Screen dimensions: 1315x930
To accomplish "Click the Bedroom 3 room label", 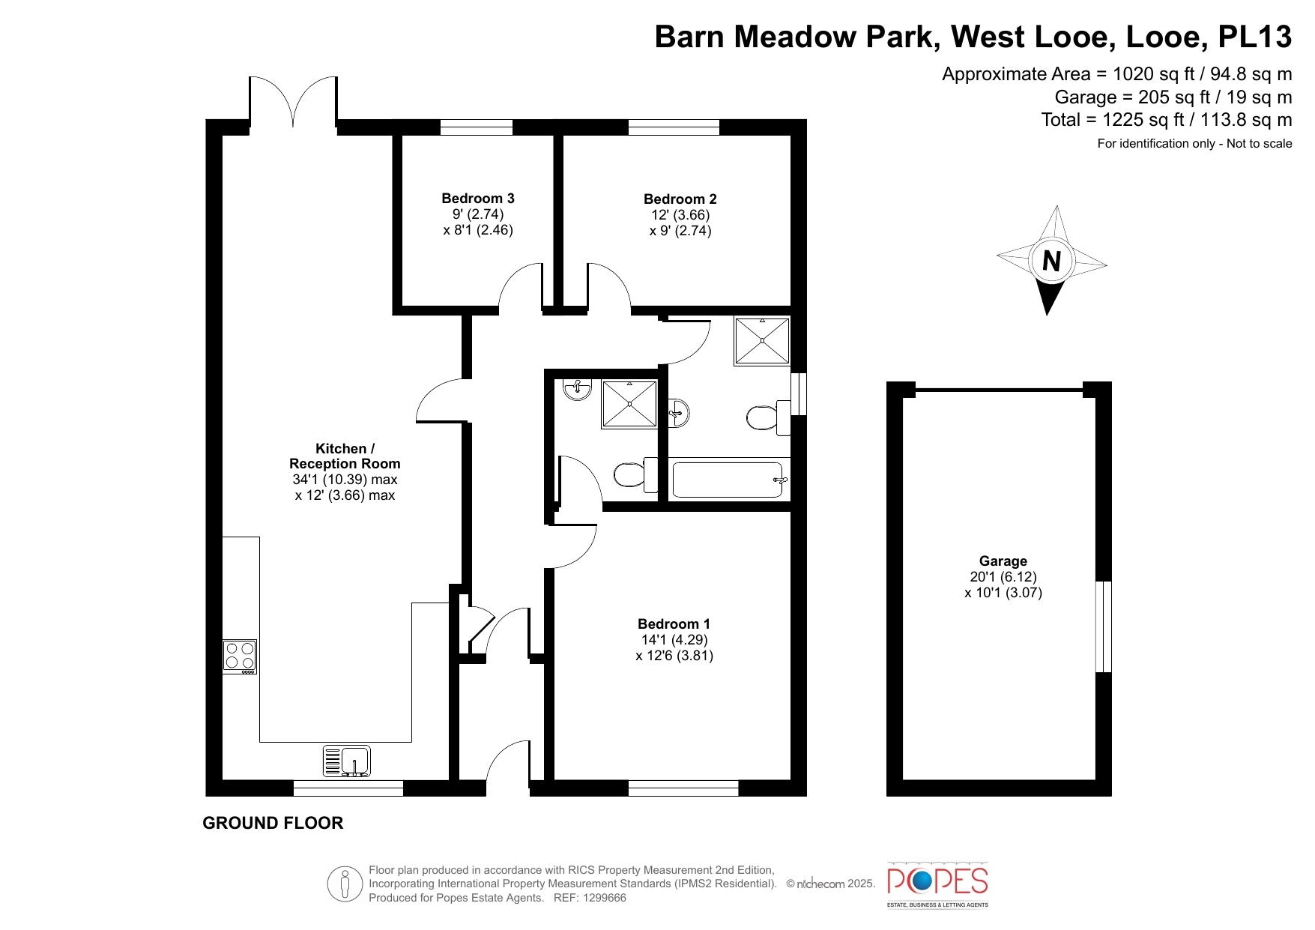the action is click(x=478, y=199).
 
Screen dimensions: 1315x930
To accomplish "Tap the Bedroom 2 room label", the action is click(x=680, y=199).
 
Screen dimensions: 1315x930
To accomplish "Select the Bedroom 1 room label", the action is click(x=674, y=624).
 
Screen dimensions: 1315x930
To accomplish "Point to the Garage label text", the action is click(x=1003, y=561).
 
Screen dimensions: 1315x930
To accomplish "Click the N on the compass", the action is click(x=1052, y=261).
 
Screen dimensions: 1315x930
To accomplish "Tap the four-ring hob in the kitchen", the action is click(x=240, y=656).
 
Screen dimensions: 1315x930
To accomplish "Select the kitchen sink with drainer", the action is click(x=347, y=761).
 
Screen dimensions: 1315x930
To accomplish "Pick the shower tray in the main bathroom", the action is click(x=762, y=341).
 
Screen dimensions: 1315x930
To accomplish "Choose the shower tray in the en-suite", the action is click(x=629, y=404).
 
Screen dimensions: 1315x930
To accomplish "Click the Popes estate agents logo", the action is click(x=937, y=884).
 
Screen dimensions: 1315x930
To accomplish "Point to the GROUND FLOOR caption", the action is click(x=273, y=823).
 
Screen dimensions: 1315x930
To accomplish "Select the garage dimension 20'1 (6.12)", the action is click(x=1003, y=577).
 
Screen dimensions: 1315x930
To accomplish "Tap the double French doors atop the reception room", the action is click(x=293, y=103).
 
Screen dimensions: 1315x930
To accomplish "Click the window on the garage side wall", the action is click(x=1104, y=626).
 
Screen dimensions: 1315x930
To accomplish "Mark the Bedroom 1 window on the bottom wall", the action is click(x=683, y=788).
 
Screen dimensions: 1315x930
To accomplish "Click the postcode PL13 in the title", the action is click(x=1255, y=37).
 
